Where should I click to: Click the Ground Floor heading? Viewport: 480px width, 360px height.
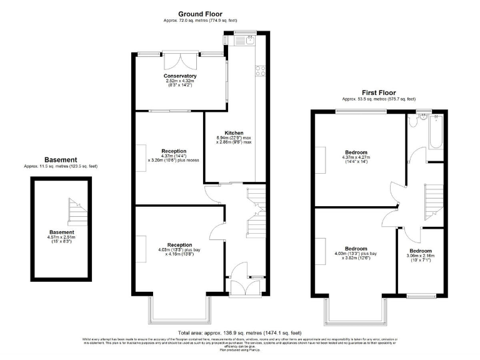(200, 14)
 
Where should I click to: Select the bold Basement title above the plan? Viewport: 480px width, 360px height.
(61, 159)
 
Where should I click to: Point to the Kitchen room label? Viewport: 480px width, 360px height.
(234, 132)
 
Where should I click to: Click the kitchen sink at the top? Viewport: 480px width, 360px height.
(243, 41)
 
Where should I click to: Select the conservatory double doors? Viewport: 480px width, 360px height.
(177, 62)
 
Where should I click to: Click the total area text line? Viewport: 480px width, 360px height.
(239, 333)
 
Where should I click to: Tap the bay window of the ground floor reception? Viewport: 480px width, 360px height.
(178, 310)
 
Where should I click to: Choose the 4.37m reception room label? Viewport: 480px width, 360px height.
(174, 155)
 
